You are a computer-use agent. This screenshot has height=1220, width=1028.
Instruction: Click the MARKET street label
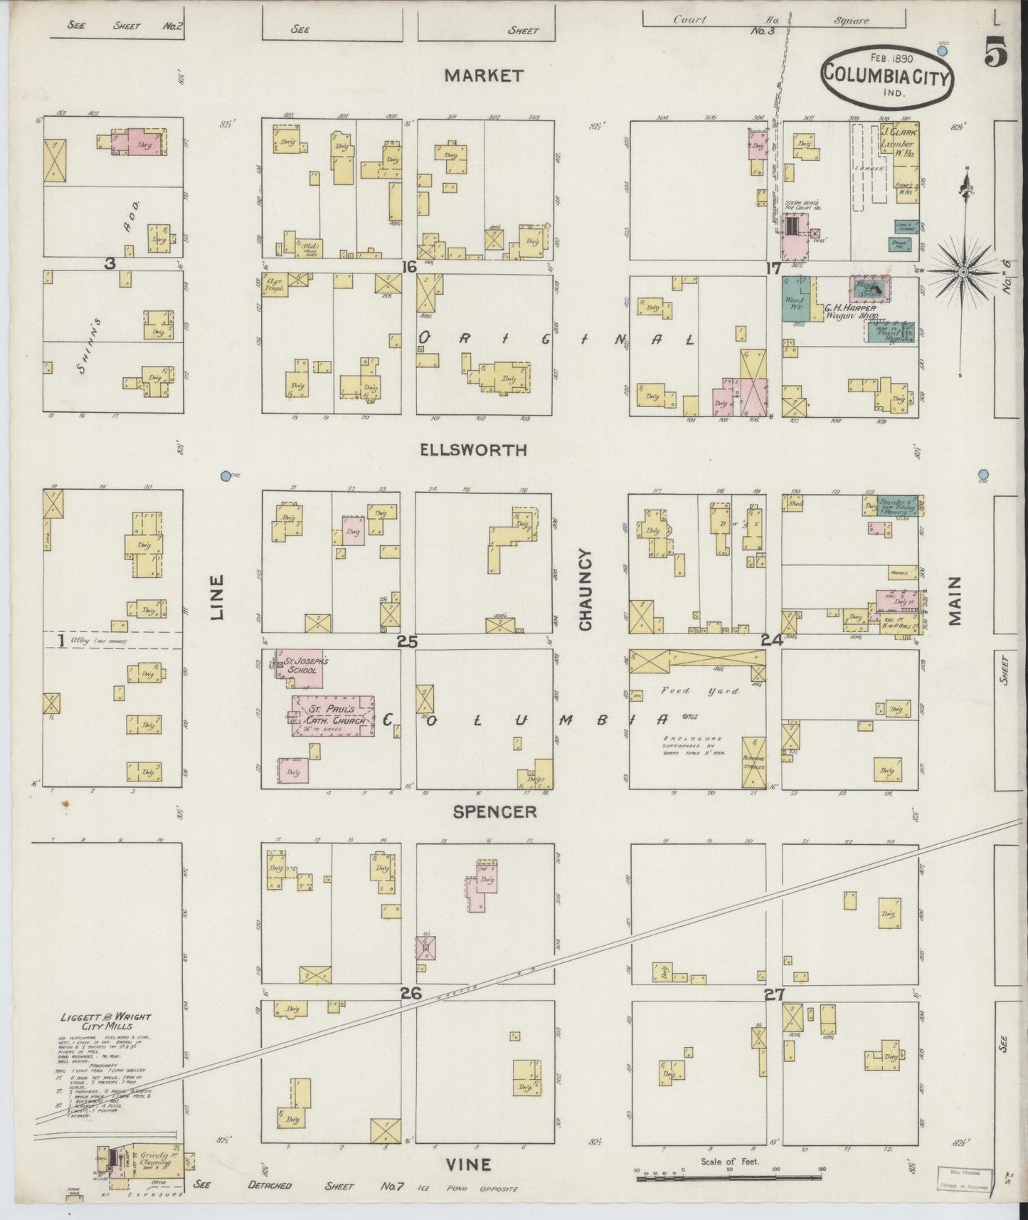tap(484, 75)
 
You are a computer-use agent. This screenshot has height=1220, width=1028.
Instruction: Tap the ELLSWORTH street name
tap(484, 450)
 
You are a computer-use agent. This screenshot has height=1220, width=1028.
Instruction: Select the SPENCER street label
tap(494, 812)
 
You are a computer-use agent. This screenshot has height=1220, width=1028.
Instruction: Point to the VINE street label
tap(468, 1164)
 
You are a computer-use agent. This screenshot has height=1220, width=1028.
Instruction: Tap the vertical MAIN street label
tap(954, 600)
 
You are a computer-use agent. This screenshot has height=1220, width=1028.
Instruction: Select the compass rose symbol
tap(963, 271)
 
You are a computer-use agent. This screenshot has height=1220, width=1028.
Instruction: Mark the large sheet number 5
tap(996, 53)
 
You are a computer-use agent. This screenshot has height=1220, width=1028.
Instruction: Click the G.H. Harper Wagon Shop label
tap(850, 312)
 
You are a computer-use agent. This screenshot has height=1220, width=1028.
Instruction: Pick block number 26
tap(410, 994)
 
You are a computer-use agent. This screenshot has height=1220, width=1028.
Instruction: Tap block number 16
tap(408, 267)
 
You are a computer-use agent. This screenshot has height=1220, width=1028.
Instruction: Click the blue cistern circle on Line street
tap(226, 475)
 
